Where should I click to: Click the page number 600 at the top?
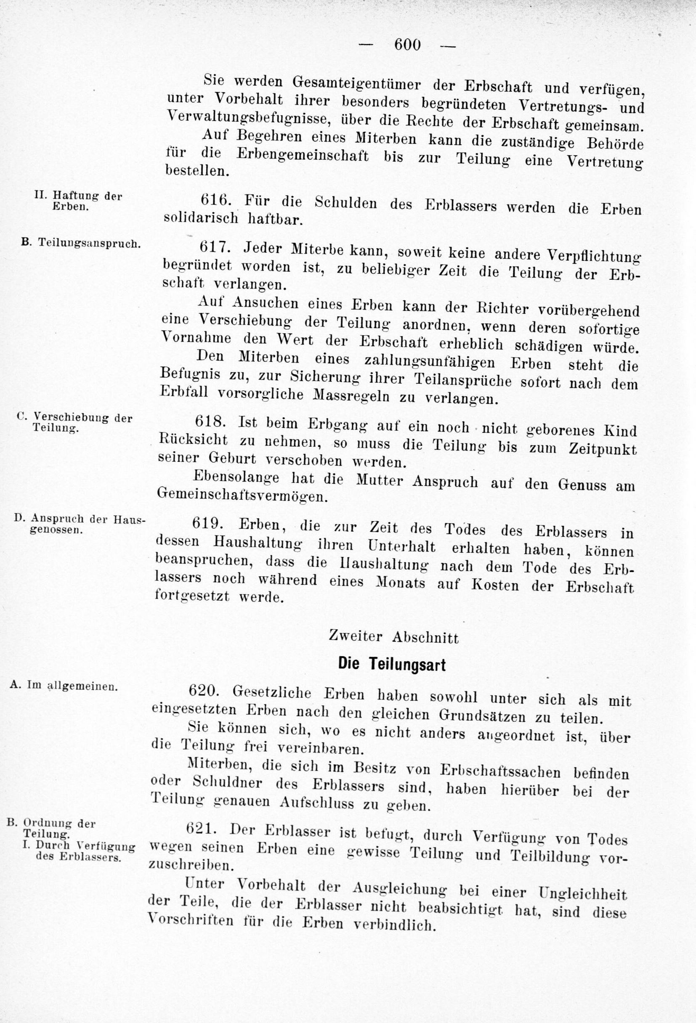coord(408,45)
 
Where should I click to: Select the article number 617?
coord(215,247)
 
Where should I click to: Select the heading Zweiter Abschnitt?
coord(393,637)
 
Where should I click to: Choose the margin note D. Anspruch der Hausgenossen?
coord(79,524)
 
